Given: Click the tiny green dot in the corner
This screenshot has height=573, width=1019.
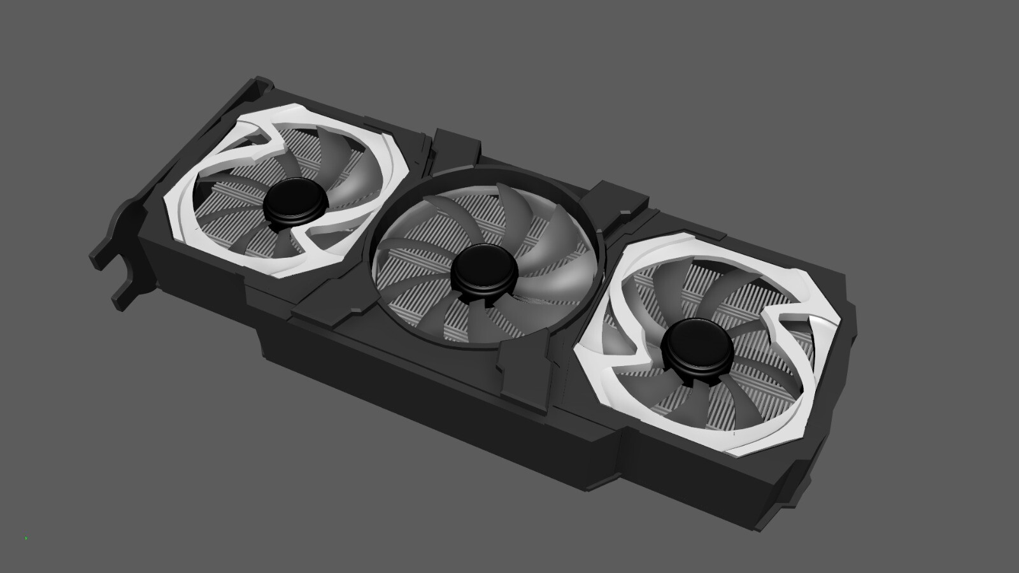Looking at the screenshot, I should pyautogui.click(x=26, y=538).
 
